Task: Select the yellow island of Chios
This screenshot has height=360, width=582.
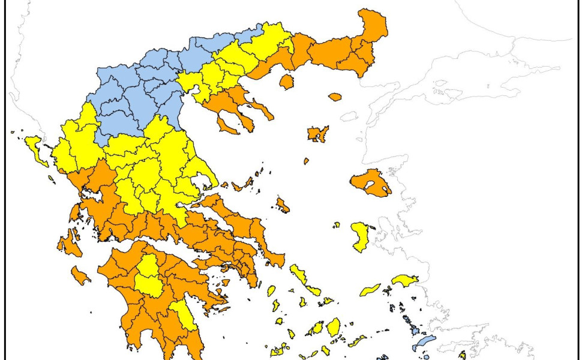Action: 360,238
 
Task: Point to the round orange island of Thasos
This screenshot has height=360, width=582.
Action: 287,81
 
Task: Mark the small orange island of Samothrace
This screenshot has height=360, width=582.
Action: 335,96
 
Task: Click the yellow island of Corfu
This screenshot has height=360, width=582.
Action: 37,149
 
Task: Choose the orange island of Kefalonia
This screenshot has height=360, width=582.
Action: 67,245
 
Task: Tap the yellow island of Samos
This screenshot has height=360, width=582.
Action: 405,280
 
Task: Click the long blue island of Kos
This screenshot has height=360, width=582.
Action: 424,343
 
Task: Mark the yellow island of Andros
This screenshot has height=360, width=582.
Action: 298,275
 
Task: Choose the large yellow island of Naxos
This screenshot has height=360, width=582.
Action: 333,327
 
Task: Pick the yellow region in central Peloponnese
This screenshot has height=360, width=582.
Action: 146,276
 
